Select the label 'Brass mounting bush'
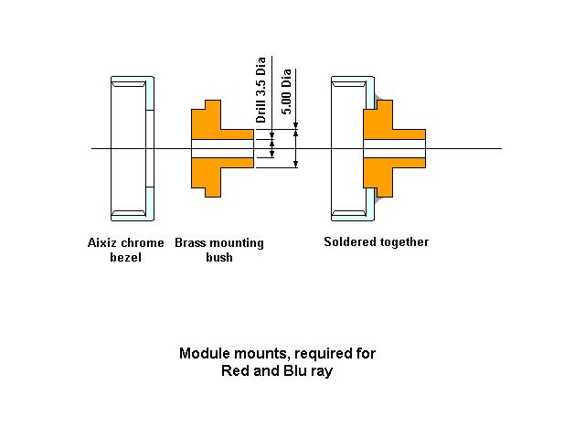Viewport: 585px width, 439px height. pyautogui.click(x=218, y=250)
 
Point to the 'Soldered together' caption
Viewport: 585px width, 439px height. pyautogui.click(x=376, y=242)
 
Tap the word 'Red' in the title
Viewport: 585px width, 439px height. pyautogui.click(x=237, y=371)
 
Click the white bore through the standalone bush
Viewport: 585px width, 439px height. pyautogui.click(x=221, y=148)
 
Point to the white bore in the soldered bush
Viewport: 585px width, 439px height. pyautogui.click(x=394, y=148)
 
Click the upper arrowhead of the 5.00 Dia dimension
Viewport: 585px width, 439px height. pyautogui.click(x=295, y=134)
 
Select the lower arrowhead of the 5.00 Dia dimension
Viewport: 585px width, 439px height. pyautogui.click(x=295, y=163)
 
